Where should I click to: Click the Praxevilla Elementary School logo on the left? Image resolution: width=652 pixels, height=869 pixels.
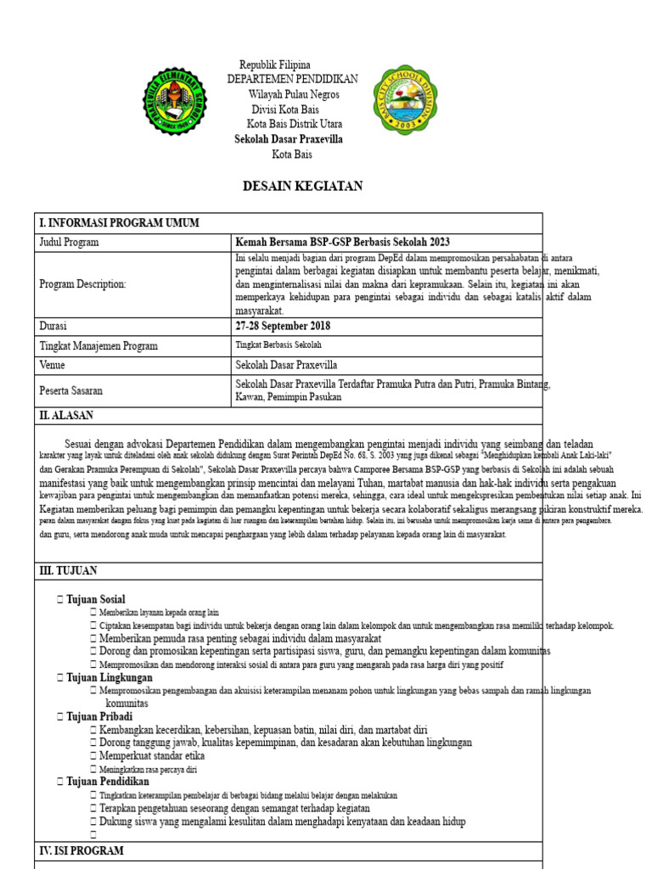173,101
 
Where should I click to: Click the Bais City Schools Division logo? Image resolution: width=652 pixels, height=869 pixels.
405,99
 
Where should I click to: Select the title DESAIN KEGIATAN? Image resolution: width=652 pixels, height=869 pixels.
302,187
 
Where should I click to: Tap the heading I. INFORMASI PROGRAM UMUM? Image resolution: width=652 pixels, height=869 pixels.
119,223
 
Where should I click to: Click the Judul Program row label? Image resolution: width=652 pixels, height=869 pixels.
69,243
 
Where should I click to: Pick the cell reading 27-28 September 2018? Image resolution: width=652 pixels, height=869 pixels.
283,327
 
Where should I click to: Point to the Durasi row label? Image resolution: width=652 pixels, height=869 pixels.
53,327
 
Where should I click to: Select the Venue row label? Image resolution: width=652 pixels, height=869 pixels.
52,365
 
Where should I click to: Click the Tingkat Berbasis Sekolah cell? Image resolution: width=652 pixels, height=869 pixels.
278,345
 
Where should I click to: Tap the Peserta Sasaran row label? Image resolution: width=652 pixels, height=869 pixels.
70,391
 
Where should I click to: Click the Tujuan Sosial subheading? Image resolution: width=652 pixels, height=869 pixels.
95,600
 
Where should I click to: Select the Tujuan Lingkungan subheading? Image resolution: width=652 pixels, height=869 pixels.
109,678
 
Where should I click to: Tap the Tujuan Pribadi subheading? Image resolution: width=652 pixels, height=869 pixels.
98,717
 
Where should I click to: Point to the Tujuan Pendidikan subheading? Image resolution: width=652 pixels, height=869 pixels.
107,782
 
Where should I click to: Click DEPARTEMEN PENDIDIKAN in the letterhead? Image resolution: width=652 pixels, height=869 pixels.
292,79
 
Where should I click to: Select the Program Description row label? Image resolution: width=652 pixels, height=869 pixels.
82,284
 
